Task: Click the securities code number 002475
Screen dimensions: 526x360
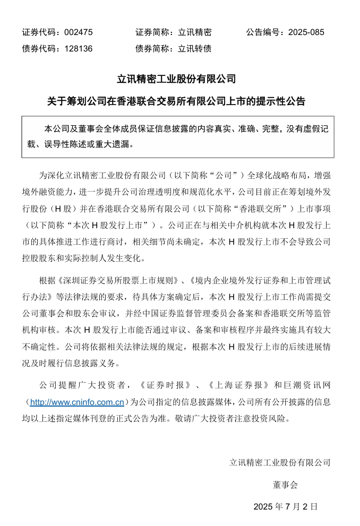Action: (78, 32)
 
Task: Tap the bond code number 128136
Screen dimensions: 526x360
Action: (78, 49)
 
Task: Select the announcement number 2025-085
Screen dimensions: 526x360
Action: (306, 32)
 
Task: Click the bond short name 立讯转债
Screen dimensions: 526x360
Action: (195, 49)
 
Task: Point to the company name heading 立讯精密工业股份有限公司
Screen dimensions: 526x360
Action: (176, 79)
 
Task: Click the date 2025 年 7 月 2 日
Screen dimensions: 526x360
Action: (286, 506)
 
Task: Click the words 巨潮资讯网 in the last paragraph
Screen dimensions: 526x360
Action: (310, 384)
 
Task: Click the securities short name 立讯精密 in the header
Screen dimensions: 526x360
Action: (195, 32)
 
